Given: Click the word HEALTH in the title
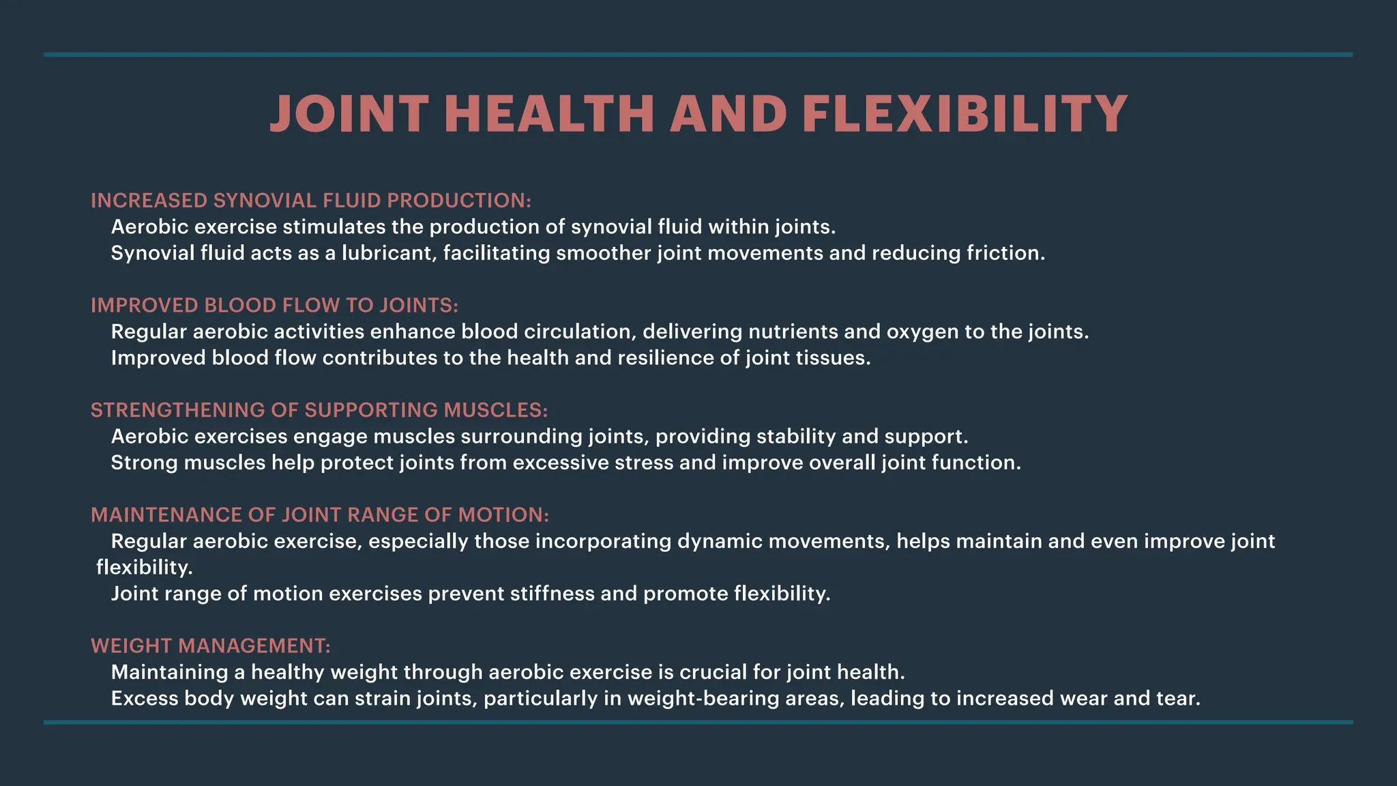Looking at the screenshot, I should coord(549,113).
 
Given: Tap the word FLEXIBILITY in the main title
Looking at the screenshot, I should coord(965,113).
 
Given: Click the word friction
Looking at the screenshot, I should coord(1005,253).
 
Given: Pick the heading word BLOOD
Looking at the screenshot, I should coord(239,305).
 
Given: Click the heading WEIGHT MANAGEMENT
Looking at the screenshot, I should coord(211,646).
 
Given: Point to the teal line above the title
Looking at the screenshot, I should coord(698,55).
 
